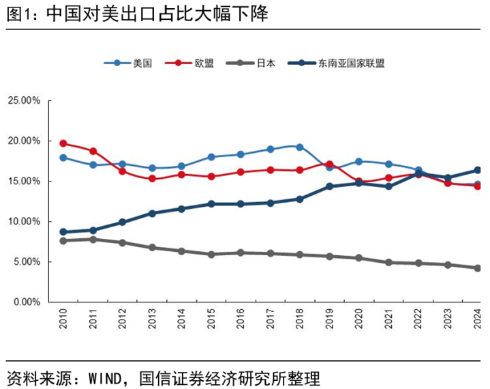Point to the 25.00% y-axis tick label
24,100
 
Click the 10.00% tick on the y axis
24,222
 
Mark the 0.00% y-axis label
26,302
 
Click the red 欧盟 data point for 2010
63,143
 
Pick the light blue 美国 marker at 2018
300,147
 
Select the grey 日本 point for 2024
478,268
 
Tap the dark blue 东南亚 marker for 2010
63,232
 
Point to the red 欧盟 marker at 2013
152,179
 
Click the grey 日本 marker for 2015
211,255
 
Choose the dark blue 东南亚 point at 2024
478,170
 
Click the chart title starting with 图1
136,15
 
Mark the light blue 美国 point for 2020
359,162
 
